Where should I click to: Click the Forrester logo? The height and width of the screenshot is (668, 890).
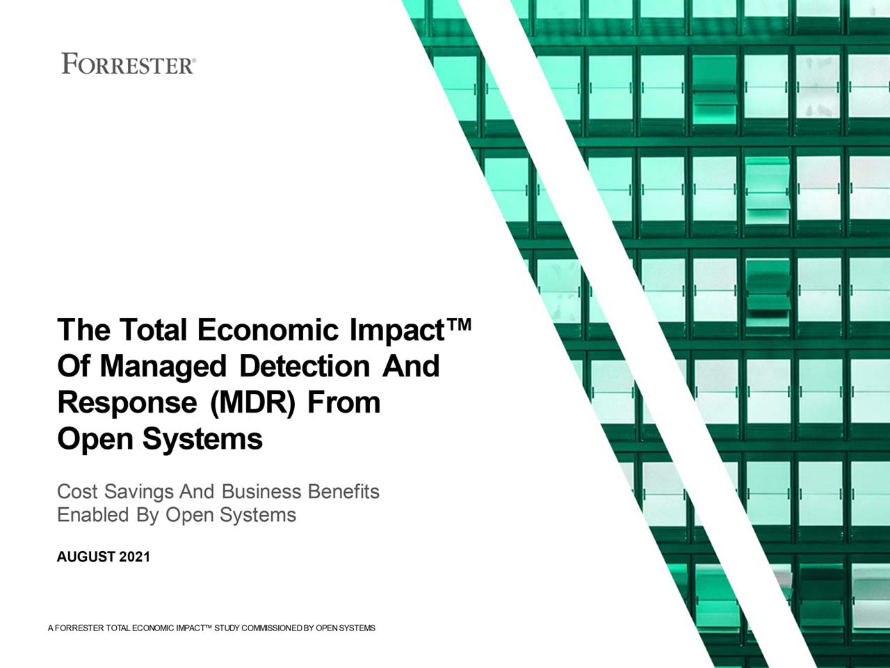129,64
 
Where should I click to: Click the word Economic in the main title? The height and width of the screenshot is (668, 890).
268,329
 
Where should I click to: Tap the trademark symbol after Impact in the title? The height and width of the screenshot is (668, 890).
460,324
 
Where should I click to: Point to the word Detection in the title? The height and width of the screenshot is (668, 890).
305,366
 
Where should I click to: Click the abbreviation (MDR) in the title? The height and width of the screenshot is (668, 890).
252,403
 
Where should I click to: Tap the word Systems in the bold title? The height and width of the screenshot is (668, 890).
202,440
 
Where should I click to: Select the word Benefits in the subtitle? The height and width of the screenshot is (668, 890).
343,491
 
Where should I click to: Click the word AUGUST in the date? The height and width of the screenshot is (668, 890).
86,557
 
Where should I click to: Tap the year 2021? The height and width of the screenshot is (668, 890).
135,557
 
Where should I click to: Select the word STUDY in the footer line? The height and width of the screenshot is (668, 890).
227,628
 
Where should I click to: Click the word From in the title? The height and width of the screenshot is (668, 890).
344,403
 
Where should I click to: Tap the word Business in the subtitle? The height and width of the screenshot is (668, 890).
261,491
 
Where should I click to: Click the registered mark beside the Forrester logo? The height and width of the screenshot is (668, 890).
194,60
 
